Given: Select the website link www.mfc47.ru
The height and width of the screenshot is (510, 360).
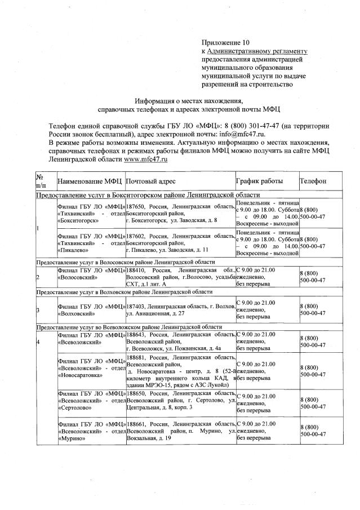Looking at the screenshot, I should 146,159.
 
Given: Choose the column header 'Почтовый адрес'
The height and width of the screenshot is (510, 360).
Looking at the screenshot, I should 151,181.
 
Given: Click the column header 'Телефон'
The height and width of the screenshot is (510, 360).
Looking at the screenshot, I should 313,181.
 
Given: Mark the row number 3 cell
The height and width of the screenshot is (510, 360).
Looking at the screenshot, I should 38,310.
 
